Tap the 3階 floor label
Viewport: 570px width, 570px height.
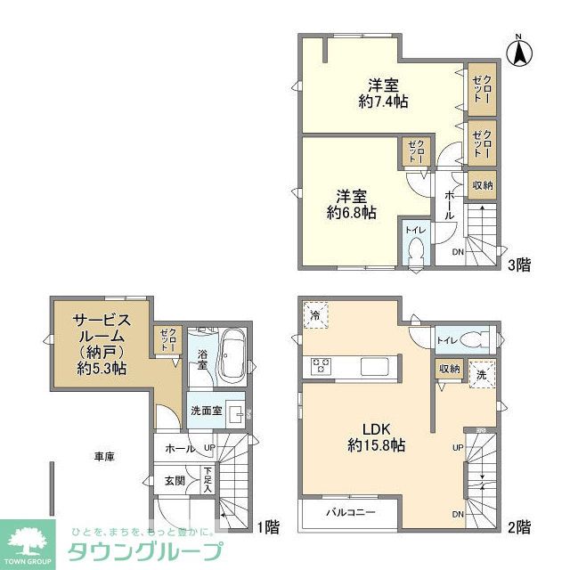coord(520,264)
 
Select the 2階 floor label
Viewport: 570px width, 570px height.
coord(521,525)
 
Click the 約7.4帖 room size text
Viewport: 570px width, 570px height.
coord(386,102)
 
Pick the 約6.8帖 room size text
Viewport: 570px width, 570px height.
coord(351,213)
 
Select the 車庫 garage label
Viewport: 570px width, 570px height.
coord(104,456)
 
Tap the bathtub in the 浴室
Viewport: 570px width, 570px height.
coord(232,354)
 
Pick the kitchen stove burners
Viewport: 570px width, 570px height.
coord(321,366)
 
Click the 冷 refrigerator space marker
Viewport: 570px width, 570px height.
coord(315,315)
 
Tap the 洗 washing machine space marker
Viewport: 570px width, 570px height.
coord(480,372)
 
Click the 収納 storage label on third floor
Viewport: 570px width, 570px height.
coord(482,184)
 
